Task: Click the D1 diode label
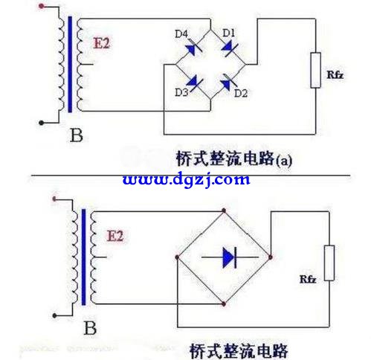(x=228, y=33)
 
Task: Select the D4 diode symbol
(x=193, y=48)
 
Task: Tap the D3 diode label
(x=181, y=92)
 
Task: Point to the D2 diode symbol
(x=228, y=83)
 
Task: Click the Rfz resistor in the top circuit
(x=315, y=70)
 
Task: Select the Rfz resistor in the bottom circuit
(x=329, y=263)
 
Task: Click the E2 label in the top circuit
(x=101, y=43)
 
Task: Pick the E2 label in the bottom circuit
(x=115, y=236)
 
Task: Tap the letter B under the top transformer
(x=76, y=135)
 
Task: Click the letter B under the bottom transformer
(x=90, y=328)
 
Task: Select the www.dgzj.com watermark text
(x=186, y=179)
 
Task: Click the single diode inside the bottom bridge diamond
(x=230, y=257)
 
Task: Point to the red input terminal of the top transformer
(x=42, y=6)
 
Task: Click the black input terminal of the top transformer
(x=42, y=123)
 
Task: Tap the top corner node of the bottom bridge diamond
(x=224, y=210)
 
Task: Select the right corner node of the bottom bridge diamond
(x=271, y=257)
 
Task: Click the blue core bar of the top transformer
(x=70, y=64)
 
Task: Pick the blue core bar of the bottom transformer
(x=84, y=257)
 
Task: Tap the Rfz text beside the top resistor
(x=335, y=74)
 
